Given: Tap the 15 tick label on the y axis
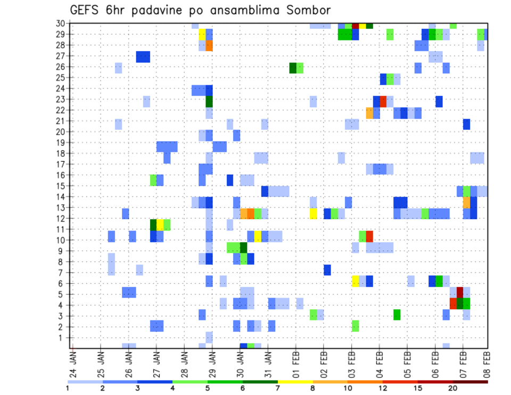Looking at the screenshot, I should coord(61,186).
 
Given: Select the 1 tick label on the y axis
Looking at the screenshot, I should coord(63,338).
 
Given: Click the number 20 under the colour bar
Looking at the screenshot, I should coord(452,388).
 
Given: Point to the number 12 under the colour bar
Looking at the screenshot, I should coord(383,388).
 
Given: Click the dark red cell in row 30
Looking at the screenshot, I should coord(355,25).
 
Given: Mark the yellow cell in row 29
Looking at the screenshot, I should coord(202,34).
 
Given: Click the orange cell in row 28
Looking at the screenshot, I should coord(209,45).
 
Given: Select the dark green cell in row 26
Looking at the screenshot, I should coord(293,67).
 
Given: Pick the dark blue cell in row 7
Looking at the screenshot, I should coord(327,270).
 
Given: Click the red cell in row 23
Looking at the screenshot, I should coord(383,100).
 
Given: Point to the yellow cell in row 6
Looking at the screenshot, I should coord(355,281).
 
